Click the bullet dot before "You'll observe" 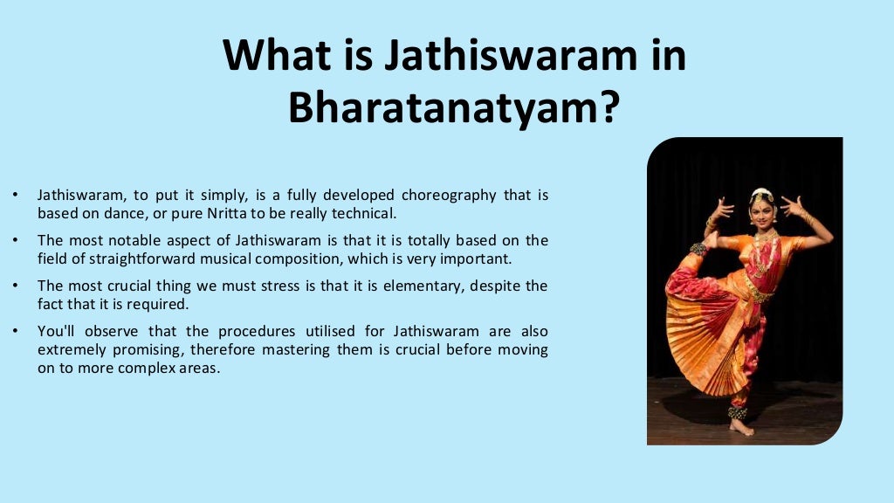click(14, 332)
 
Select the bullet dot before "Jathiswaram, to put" click(14, 195)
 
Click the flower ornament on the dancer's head click(762, 194)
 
